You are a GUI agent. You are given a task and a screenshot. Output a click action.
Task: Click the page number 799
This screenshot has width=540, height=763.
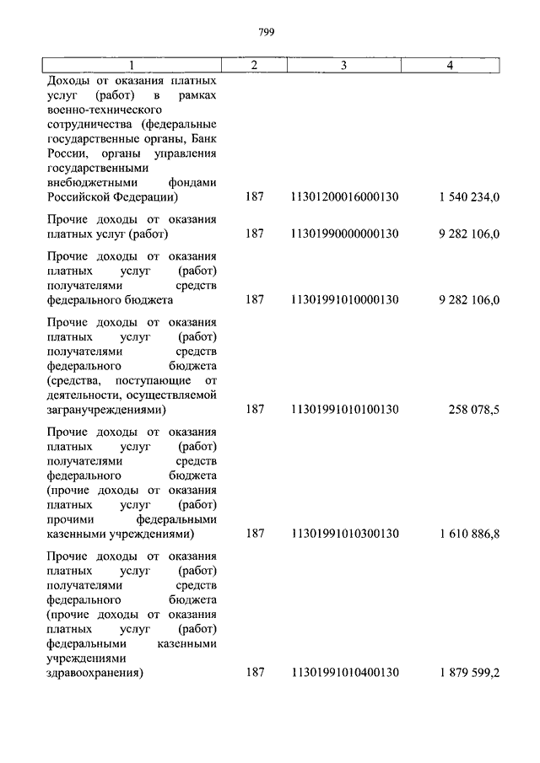(x=269, y=33)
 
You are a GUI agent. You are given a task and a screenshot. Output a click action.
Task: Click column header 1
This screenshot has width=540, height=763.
(x=131, y=65)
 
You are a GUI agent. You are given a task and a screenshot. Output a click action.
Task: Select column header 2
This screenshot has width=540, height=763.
(x=255, y=65)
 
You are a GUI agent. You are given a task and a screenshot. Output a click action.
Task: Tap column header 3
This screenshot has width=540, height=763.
(x=343, y=65)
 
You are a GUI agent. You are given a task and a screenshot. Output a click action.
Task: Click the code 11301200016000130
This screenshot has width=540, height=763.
(x=344, y=197)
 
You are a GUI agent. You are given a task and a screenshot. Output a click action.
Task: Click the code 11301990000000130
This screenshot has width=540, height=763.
(x=344, y=234)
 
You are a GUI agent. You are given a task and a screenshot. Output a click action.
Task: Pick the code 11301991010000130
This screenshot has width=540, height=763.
(x=344, y=299)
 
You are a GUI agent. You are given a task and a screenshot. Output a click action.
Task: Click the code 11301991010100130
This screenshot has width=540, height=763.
(x=344, y=410)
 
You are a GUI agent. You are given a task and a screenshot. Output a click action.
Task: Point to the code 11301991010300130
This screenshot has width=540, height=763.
(x=344, y=534)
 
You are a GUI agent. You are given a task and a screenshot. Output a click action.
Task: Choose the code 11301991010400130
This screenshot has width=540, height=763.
(x=344, y=673)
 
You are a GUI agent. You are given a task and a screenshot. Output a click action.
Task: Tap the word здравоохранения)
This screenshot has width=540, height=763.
(x=95, y=673)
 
